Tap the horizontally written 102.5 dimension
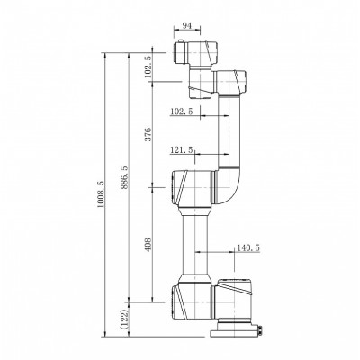point(182,111)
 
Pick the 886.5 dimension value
point(124,179)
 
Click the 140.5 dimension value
point(247,247)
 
